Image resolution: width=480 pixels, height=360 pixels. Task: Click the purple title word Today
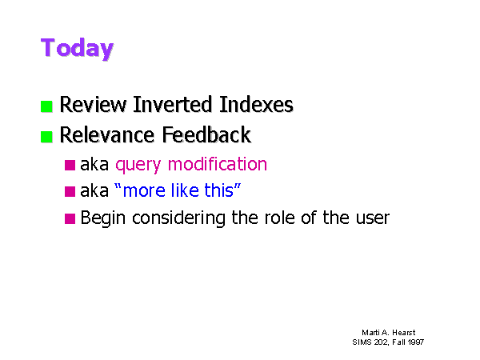click(77, 48)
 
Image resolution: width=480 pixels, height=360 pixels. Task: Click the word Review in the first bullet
click(93, 105)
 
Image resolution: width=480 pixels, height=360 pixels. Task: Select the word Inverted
click(173, 104)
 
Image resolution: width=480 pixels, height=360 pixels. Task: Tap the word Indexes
click(256, 104)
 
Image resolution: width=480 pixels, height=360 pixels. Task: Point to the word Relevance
click(107, 135)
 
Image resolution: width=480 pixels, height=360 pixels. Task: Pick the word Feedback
click(206, 134)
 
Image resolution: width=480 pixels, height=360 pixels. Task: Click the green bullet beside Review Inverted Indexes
click(46, 106)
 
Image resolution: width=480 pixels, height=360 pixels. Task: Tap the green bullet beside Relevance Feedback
click(46, 137)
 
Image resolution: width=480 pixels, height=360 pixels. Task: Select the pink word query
click(138, 166)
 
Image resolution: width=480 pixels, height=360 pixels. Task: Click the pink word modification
click(218, 164)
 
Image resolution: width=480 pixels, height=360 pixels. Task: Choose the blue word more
click(144, 191)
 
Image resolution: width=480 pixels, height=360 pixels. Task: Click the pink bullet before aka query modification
click(70, 165)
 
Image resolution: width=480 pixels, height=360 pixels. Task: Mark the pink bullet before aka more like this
click(70, 191)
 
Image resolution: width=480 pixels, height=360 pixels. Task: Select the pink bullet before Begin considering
click(70, 218)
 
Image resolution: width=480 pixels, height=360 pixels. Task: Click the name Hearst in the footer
click(404, 333)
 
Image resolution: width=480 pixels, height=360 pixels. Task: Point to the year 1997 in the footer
click(416, 342)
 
